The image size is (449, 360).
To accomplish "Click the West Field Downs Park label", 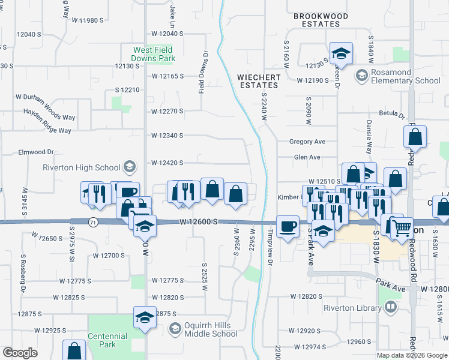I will (154, 55).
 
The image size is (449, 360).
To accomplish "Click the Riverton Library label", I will (352, 308).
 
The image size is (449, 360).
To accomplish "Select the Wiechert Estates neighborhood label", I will (259, 81).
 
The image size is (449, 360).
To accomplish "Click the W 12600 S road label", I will (197, 222).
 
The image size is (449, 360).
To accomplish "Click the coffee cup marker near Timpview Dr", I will (288, 226).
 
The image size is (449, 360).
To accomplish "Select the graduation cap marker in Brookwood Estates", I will (341, 53).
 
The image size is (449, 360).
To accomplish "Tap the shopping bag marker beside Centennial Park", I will (74, 350).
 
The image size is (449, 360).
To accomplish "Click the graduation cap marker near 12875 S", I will (145, 317).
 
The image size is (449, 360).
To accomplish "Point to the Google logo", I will (20, 353).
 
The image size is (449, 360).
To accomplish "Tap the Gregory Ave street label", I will (307, 142).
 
